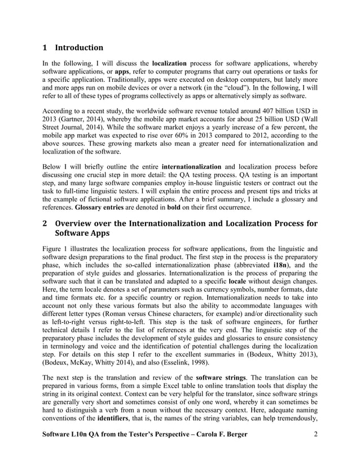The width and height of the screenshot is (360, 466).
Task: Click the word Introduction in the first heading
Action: tap(79, 47)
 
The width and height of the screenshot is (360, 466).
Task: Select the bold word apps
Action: tap(122, 72)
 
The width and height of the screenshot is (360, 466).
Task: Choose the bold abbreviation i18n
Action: tap(281, 266)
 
